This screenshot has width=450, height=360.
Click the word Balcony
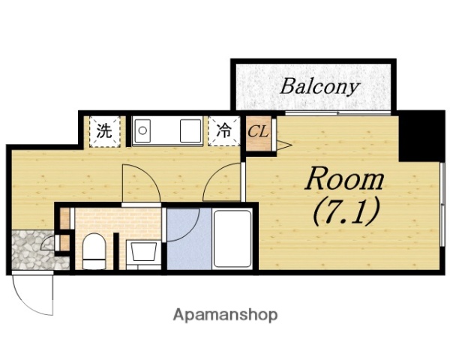[x=319, y=86]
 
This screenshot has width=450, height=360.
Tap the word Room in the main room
[x=343, y=180]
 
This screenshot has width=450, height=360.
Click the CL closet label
[x=258, y=132]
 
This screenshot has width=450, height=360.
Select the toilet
[x=94, y=250]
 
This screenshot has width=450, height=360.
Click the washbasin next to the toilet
[x=140, y=253]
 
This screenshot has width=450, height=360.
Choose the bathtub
[x=232, y=239]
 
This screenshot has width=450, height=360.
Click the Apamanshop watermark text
[x=226, y=314]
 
